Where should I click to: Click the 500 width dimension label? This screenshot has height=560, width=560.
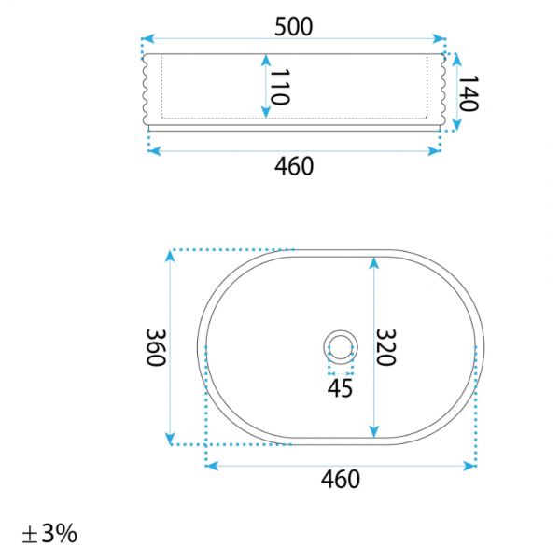294,26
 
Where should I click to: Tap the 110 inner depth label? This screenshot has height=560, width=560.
279,87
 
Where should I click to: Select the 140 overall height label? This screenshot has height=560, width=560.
468,93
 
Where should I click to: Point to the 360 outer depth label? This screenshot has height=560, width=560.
156,347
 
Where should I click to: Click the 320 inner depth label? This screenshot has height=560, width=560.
385,347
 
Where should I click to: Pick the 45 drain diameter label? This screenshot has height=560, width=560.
340,388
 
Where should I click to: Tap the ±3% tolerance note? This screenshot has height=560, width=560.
49,534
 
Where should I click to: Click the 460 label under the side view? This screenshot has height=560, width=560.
294,166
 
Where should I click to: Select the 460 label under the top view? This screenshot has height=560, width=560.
341,479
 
